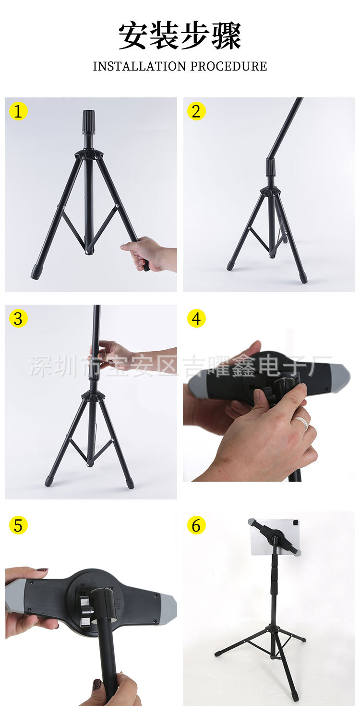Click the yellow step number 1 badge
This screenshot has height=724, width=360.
coord(18,111)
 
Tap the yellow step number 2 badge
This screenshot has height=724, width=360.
coord(196,111)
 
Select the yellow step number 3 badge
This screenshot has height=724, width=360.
coord(18,319)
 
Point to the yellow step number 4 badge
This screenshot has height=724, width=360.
coord(196,319)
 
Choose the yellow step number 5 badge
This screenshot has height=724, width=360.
coord(18,525)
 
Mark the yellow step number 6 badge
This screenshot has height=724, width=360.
coord(196,525)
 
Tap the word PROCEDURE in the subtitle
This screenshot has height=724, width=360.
coord(228,66)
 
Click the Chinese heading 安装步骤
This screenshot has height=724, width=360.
coord(180,36)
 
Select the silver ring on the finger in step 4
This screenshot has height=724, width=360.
coord(301,422)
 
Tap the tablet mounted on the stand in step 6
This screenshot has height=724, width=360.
coord(275,537)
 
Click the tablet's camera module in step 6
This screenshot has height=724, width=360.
coord(295,522)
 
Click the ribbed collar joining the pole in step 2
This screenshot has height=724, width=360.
coord(271,167)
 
